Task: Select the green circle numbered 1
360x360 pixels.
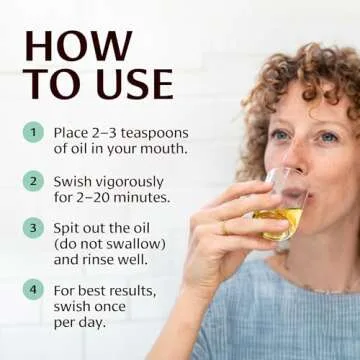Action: coord(34,131)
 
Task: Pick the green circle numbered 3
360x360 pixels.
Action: coord(34,228)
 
